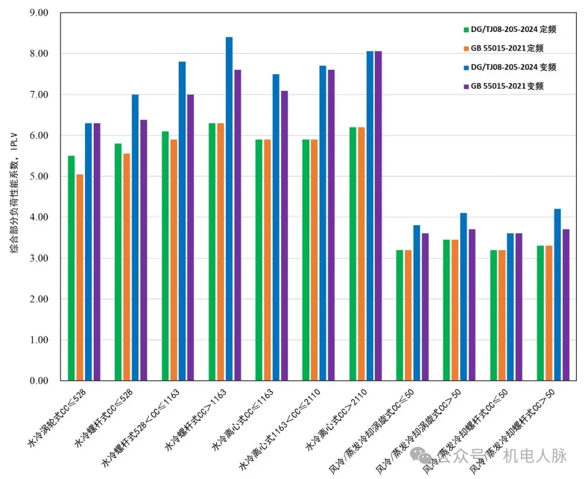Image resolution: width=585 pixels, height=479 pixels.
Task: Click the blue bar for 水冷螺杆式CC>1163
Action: click(x=229, y=209)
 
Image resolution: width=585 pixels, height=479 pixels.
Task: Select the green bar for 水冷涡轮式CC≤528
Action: click(x=71, y=268)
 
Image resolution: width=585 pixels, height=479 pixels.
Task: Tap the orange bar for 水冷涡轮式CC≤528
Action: click(x=80, y=277)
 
